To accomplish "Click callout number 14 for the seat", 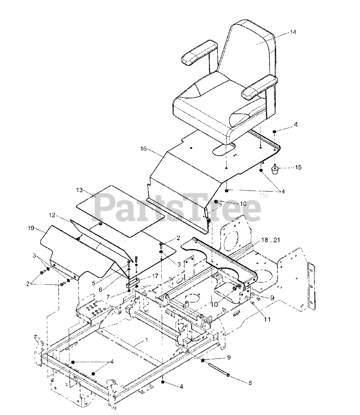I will [x=293, y=32].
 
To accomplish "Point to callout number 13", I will [x=80, y=190].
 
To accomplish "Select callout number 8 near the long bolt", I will [x=250, y=383].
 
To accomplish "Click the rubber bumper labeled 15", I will [x=276, y=170].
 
